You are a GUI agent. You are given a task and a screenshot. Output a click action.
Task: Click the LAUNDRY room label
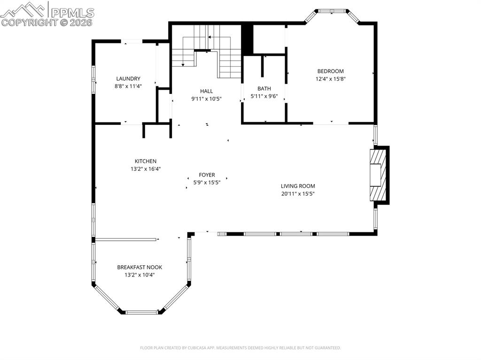(x=128, y=78)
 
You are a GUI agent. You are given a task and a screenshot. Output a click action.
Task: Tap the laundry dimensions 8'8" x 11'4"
(x=128, y=86)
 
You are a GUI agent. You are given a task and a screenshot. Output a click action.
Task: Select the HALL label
(x=206, y=91)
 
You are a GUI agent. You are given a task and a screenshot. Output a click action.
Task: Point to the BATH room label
(x=264, y=88)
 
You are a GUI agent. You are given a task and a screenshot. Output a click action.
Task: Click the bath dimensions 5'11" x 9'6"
(x=264, y=96)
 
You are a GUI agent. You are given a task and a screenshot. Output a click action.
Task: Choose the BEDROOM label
(x=330, y=71)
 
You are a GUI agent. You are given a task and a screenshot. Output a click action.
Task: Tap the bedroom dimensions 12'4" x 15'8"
(x=330, y=79)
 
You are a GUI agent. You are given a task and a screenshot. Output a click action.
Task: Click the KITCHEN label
(x=146, y=161)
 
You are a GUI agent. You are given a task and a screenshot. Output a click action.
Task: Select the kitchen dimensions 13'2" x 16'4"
(x=146, y=169)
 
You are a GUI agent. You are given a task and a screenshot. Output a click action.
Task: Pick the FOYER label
(x=207, y=175)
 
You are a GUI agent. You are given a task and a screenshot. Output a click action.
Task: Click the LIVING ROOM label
(x=298, y=186)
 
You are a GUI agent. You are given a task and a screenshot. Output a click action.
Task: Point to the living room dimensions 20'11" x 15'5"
(x=298, y=193)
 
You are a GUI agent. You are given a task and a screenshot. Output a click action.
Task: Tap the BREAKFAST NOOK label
(x=140, y=267)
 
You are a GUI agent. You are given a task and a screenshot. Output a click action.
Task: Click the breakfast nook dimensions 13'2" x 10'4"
(x=140, y=275)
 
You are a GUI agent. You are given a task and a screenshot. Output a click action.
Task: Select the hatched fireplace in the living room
(x=378, y=175)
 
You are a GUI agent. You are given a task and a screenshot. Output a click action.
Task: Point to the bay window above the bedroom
(x=332, y=12)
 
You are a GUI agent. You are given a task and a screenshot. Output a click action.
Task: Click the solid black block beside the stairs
(x=247, y=39)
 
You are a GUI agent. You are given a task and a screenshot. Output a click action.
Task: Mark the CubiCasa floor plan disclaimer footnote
(x=240, y=348)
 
